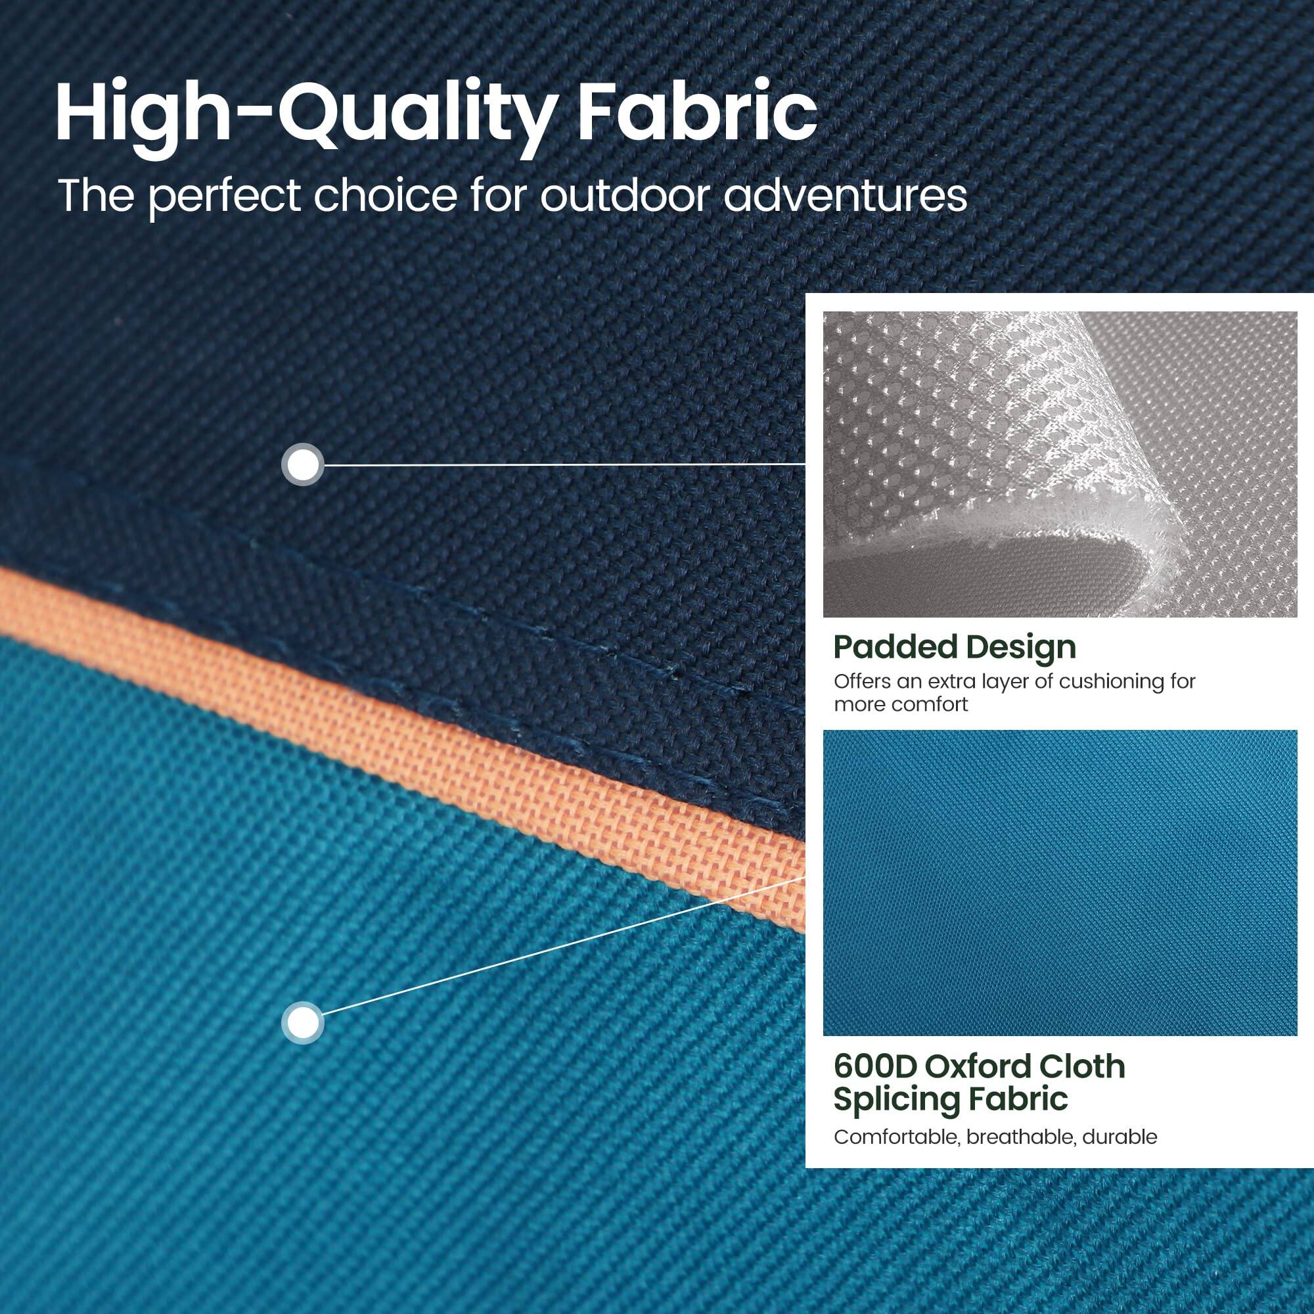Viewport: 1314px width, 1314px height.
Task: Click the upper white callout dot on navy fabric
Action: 302,465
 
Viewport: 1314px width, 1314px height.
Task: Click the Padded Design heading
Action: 954,648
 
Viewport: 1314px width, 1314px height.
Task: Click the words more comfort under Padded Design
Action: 901,704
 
